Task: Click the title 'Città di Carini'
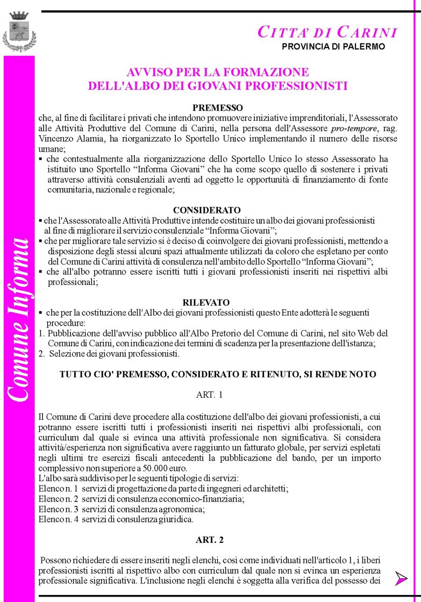coord(327,32)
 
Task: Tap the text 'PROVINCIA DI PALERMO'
coord(333,47)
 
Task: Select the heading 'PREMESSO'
coord(218,108)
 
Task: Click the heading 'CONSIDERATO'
coord(199,210)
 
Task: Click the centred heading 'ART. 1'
coord(209,395)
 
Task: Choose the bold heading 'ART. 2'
coord(210,540)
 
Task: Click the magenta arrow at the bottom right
coord(401,578)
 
